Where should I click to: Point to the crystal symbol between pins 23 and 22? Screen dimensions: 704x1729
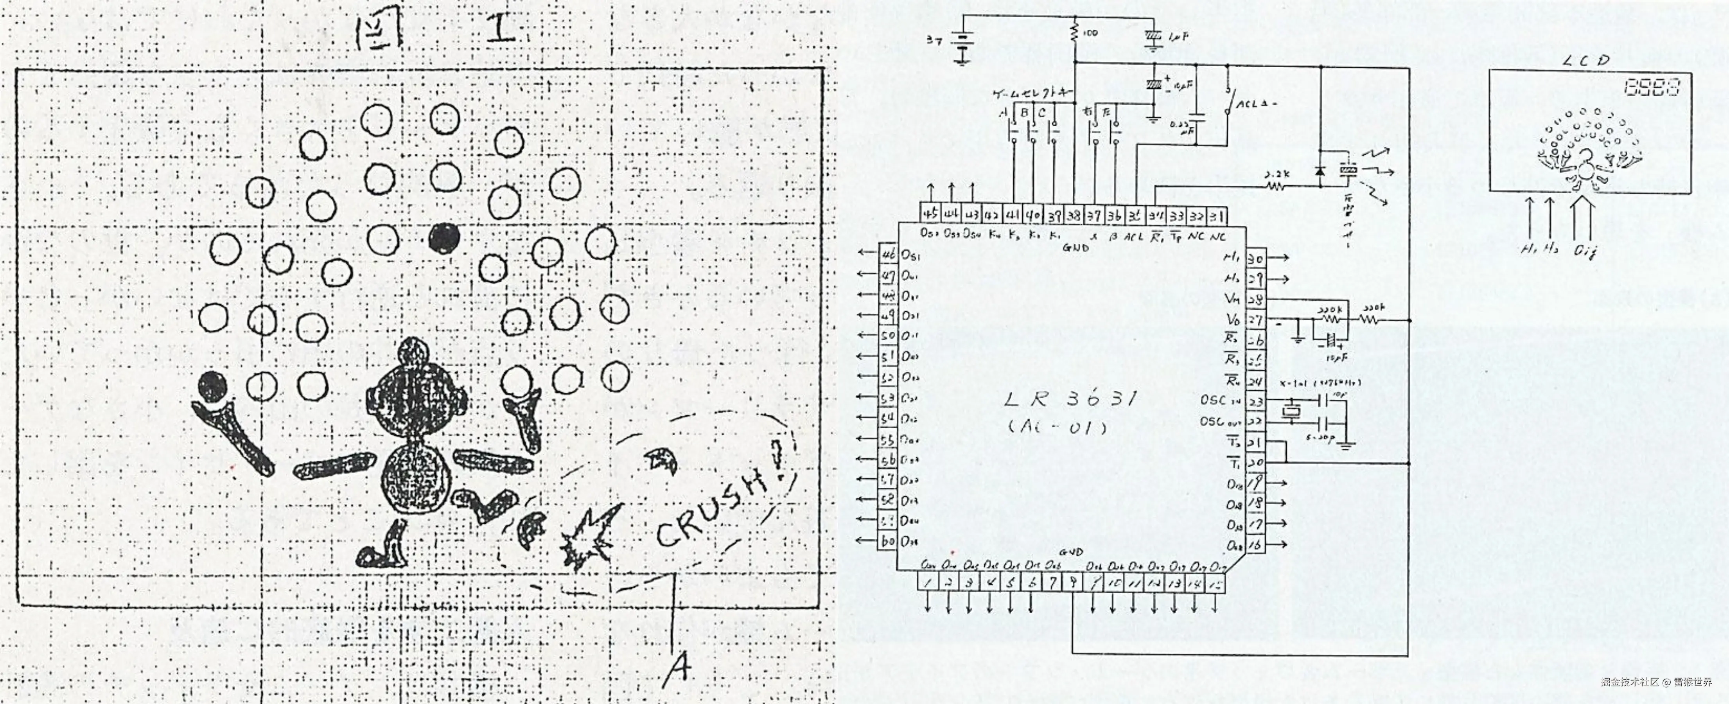point(1291,411)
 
